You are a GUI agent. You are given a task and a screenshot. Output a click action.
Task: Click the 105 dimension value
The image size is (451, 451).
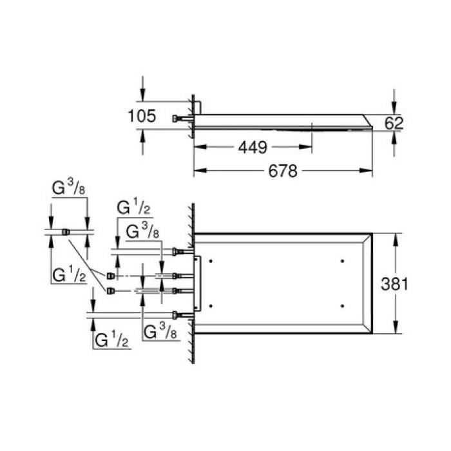click(x=142, y=117)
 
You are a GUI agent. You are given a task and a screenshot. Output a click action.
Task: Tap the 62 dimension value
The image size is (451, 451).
click(x=394, y=122)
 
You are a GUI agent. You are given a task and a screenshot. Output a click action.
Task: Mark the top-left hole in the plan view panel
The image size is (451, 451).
click(x=214, y=261)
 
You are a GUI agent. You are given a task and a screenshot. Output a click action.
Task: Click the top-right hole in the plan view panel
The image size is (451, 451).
click(x=341, y=261)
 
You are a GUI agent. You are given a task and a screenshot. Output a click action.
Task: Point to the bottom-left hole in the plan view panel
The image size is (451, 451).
click(x=214, y=304)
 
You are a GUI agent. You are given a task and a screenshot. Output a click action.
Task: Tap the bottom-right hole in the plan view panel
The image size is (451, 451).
click(x=341, y=304)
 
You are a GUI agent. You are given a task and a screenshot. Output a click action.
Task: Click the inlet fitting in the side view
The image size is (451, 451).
click(x=177, y=119)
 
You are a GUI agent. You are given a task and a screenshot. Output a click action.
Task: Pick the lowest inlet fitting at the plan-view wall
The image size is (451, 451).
click(x=177, y=314)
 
